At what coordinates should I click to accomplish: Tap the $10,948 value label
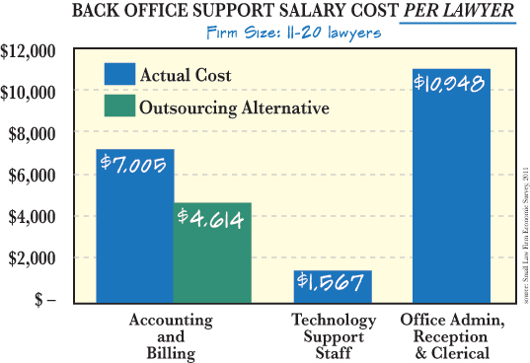tap(450, 84)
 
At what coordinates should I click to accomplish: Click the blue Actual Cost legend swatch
tap(118, 75)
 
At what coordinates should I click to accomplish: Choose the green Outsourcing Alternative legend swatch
tap(118, 107)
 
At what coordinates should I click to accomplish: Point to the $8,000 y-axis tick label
tap(32, 133)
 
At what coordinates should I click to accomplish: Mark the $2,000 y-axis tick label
tap(32, 257)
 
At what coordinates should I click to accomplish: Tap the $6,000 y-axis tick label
tap(32, 175)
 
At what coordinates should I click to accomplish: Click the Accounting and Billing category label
tap(173, 335)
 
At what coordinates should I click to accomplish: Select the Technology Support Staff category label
tap(333, 335)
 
